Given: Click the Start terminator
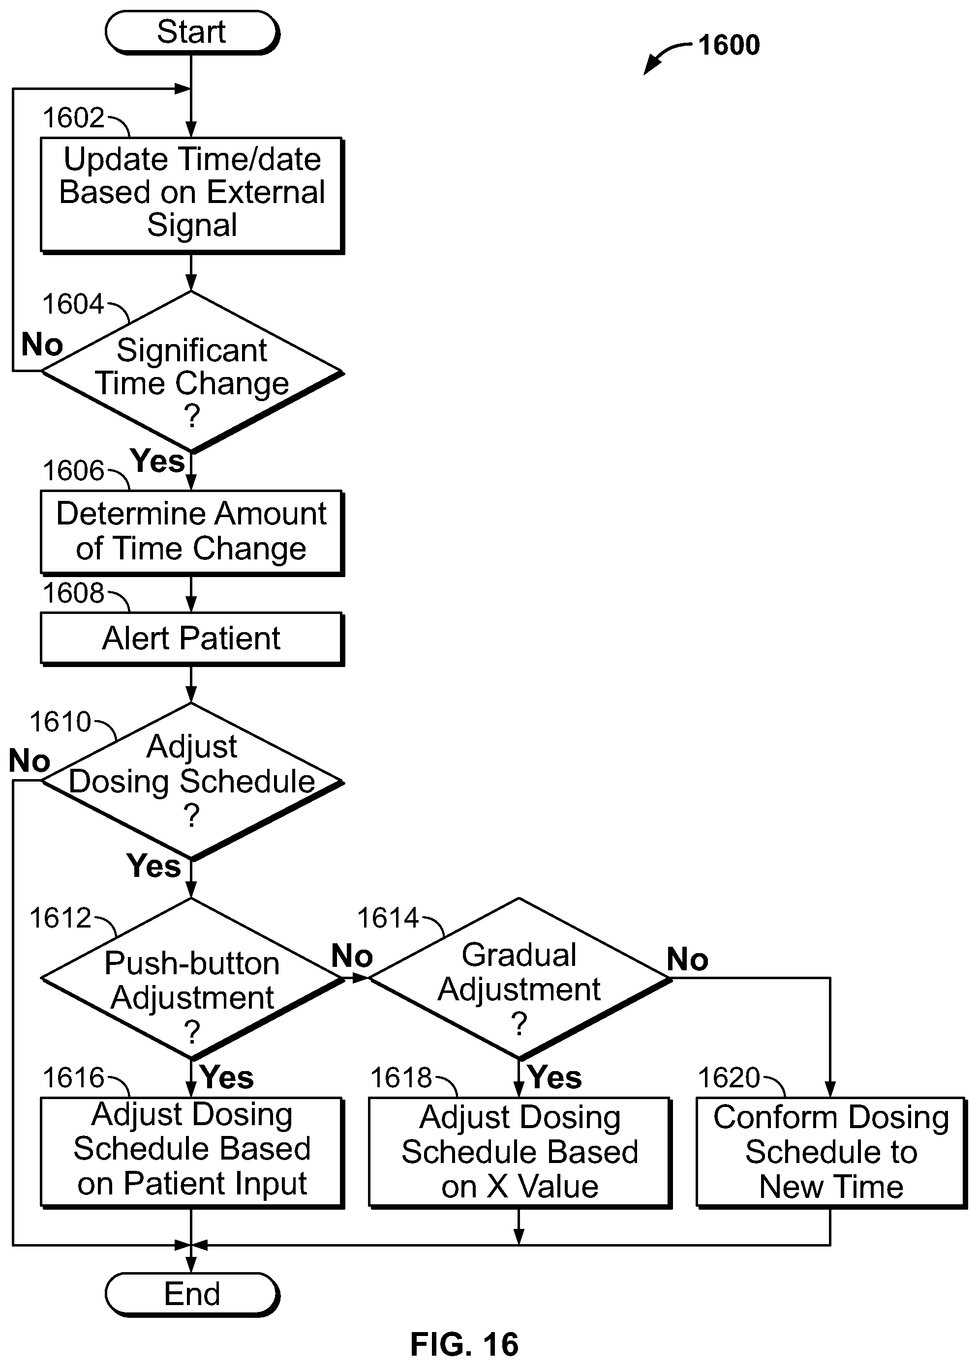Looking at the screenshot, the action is point(192,32).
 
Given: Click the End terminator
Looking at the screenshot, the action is point(192,1294).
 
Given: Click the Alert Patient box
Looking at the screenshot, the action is point(192,639).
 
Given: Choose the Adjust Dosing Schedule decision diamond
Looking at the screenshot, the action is point(192,782).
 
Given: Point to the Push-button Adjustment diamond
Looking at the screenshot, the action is point(192,979).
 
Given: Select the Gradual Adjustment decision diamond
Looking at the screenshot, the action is point(520,979).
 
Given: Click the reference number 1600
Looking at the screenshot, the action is point(729,45).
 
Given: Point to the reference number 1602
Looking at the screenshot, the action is point(73,118).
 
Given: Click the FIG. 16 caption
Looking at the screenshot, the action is point(464,1344).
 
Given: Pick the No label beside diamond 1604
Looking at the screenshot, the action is point(42,345).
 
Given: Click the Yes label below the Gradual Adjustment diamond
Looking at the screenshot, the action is point(554,1077).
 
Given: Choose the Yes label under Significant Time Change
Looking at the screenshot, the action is point(157,461).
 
